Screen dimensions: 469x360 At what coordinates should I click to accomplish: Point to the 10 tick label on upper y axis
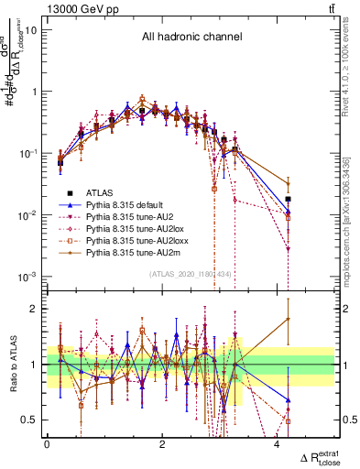coord(30,29)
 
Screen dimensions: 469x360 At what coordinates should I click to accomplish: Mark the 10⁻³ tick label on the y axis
coord(27,277)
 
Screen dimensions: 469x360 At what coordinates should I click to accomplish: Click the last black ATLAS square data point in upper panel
coord(288,199)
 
